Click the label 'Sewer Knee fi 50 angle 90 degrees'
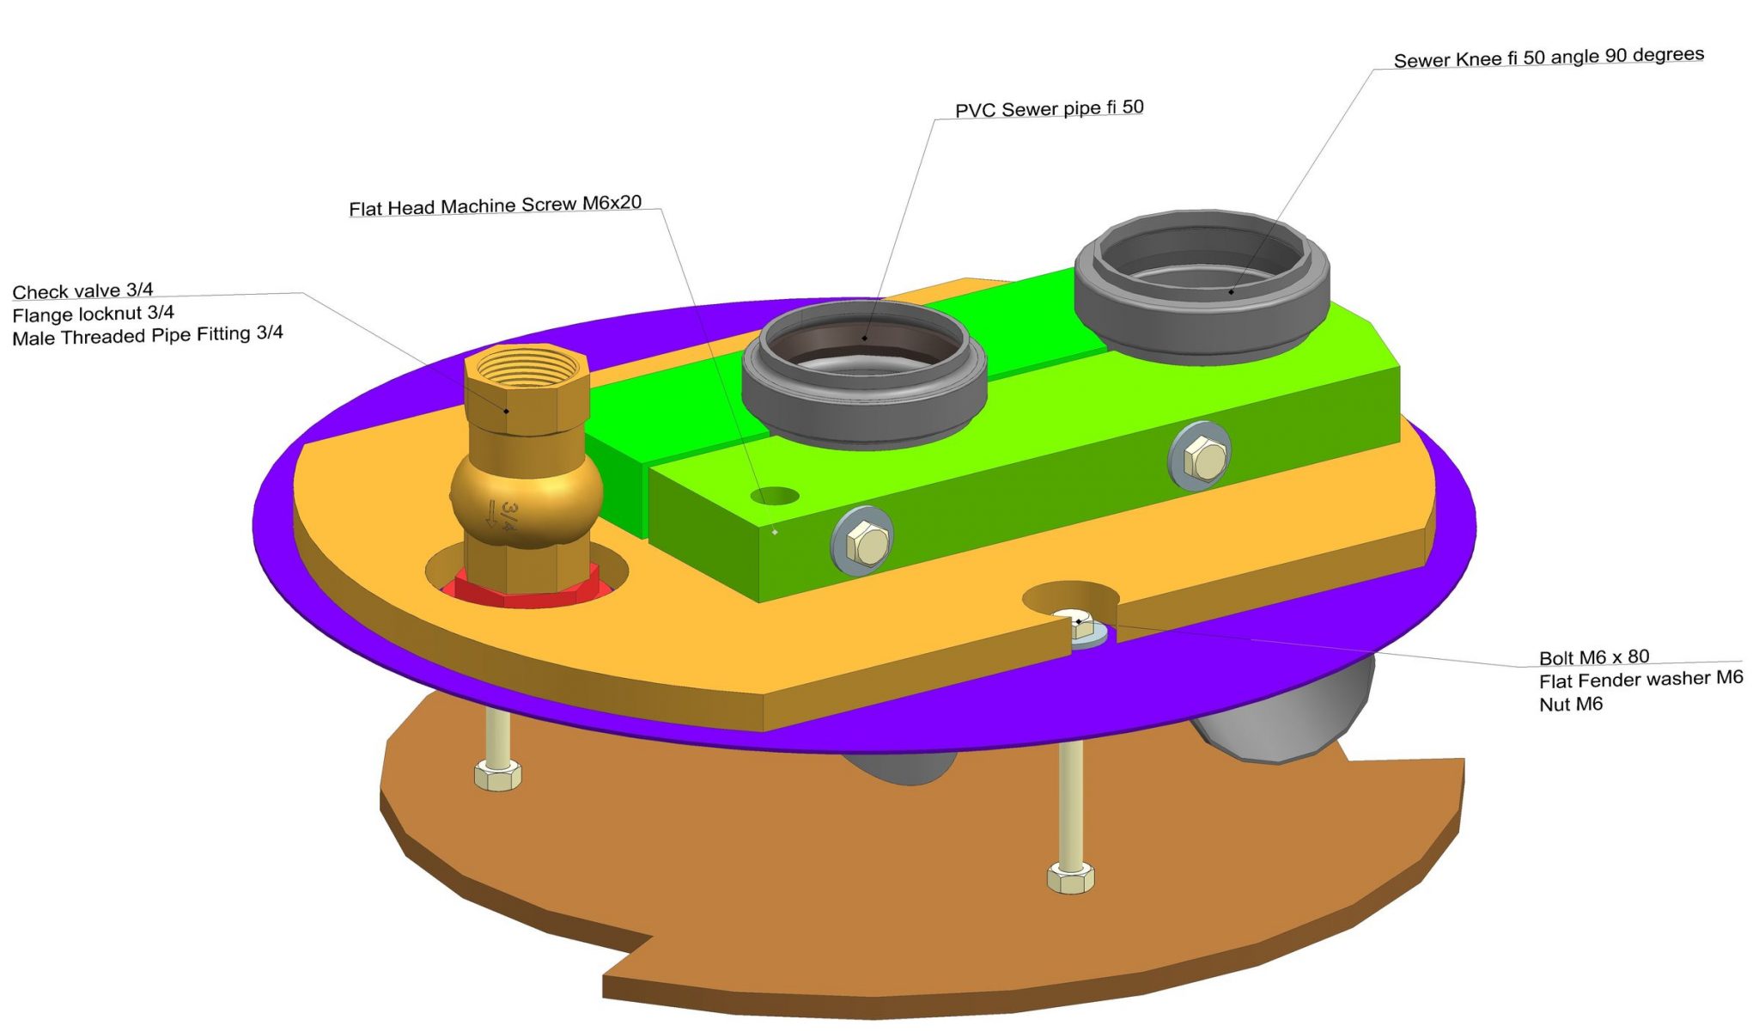pos(1548,58)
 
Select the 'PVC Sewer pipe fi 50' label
pos(1049,109)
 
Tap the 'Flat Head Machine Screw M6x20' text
pos(495,206)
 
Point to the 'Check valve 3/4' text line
pos(82,291)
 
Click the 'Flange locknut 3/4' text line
pos(93,314)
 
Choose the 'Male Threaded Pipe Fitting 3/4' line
pos(147,335)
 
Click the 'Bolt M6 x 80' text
pos(1593,657)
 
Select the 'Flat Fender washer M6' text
pos(1640,680)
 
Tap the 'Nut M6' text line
pos(1570,705)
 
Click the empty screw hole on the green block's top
pos(775,496)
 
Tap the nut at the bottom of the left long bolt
pos(497,775)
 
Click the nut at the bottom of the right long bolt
pos(1070,878)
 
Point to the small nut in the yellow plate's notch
pos(1080,627)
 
